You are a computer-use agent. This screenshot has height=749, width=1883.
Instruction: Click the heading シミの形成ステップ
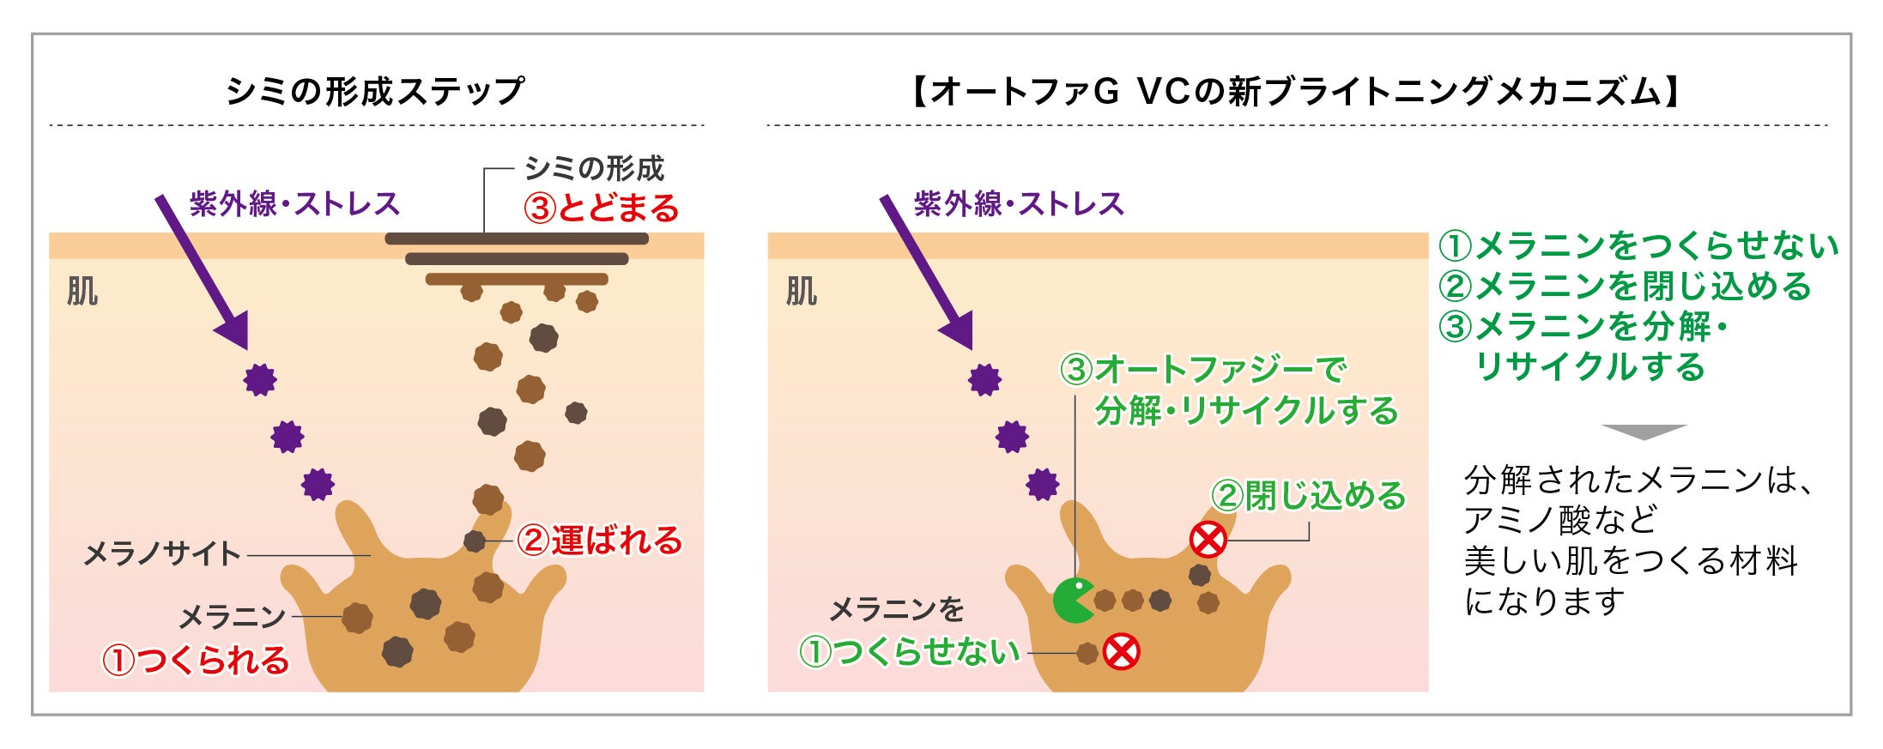(x=375, y=91)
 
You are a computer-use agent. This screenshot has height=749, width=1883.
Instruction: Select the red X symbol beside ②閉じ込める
(x=1208, y=540)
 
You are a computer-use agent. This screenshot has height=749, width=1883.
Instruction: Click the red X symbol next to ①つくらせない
(x=1121, y=652)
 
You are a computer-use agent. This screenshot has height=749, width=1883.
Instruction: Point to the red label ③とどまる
(x=601, y=208)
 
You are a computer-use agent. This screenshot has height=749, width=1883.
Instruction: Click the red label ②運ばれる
(x=599, y=541)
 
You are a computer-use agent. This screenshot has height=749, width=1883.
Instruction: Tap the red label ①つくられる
(x=196, y=661)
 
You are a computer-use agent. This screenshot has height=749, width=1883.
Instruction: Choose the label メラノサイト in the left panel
(x=161, y=554)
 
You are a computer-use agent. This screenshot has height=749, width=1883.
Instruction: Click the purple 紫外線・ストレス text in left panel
(x=294, y=204)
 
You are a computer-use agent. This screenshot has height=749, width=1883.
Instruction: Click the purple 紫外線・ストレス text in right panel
(x=1019, y=204)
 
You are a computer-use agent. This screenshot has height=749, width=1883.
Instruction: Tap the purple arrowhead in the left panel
(x=233, y=330)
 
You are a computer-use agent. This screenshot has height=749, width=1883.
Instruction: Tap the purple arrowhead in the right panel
(x=958, y=330)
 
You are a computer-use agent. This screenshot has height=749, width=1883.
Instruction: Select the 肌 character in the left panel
(x=82, y=292)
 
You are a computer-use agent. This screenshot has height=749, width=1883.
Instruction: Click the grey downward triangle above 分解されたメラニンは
(x=1644, y=431)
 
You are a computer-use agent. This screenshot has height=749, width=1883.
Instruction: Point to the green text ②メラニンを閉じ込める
(x=1625, y=287)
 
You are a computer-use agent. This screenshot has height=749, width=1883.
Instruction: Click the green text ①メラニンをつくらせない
(x=1638, y=246)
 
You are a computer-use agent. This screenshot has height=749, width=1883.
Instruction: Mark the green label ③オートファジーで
(x=1202, y=370)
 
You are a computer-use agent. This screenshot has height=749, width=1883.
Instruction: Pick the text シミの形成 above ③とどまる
(x=594, y=169)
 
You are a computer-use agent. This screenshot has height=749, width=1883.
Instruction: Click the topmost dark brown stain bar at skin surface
(x=516, y=239)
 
